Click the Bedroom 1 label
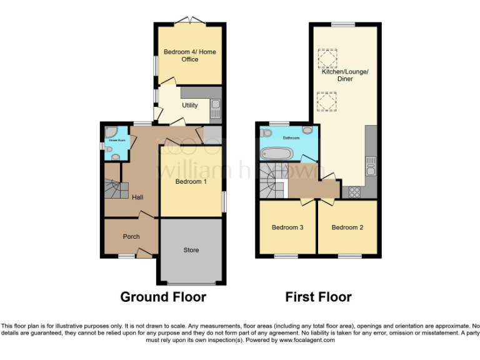pyautogui.click(x=191, y=182)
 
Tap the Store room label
pyautogui.click(x=191, y=250)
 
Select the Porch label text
pyautogui.click(x=131, y=236)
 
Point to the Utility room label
pyautogui.click(x=190, y=106)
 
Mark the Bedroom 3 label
pyautogui.click(x=287, y=227)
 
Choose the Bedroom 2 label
pyautogui.click(x=347, y=227)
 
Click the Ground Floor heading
pyautogui.click(x=163, y=297)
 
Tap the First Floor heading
pyautogui.click(x=318, y=297)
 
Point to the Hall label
pyautogui.click(x=137, y=197)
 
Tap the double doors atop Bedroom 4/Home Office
pyautogui.click(x=190, y=23)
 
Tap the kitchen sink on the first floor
pyautogui.click(x=371, y=166)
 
